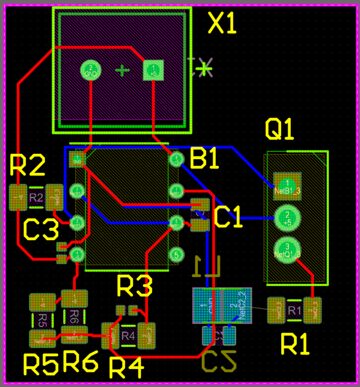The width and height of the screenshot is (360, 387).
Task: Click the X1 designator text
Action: click(222, 23)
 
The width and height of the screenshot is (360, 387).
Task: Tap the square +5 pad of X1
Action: click(154, 70)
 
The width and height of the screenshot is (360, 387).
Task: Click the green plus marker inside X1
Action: click(122, 71)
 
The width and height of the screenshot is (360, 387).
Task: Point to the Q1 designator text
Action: click(280, 129)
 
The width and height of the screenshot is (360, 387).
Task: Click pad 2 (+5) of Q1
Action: click(287, 218)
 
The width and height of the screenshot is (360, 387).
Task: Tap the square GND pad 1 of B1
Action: click(77, 159)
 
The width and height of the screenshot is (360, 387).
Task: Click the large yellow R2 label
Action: click(28, 166)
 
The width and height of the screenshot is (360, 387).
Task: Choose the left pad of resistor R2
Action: click(18, 198)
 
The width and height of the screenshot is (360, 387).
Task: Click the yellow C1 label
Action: click(228, 218)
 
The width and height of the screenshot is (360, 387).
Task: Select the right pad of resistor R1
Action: click(313, 310)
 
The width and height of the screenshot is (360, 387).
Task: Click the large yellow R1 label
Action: click(295, 346)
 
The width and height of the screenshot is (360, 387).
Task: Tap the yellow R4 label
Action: click(126, 368)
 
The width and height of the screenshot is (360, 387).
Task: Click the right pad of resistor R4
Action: click(146, 335)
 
